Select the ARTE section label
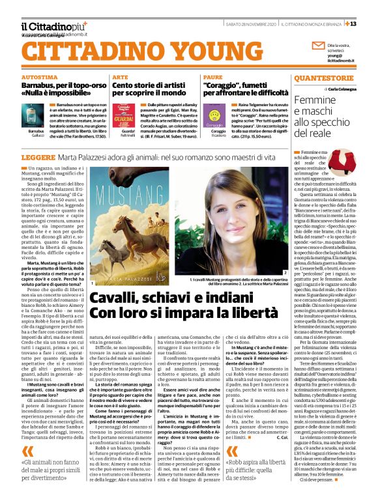tap(121, 77)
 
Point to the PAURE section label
tap(212, 77)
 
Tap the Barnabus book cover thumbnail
tap(37, 115)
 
